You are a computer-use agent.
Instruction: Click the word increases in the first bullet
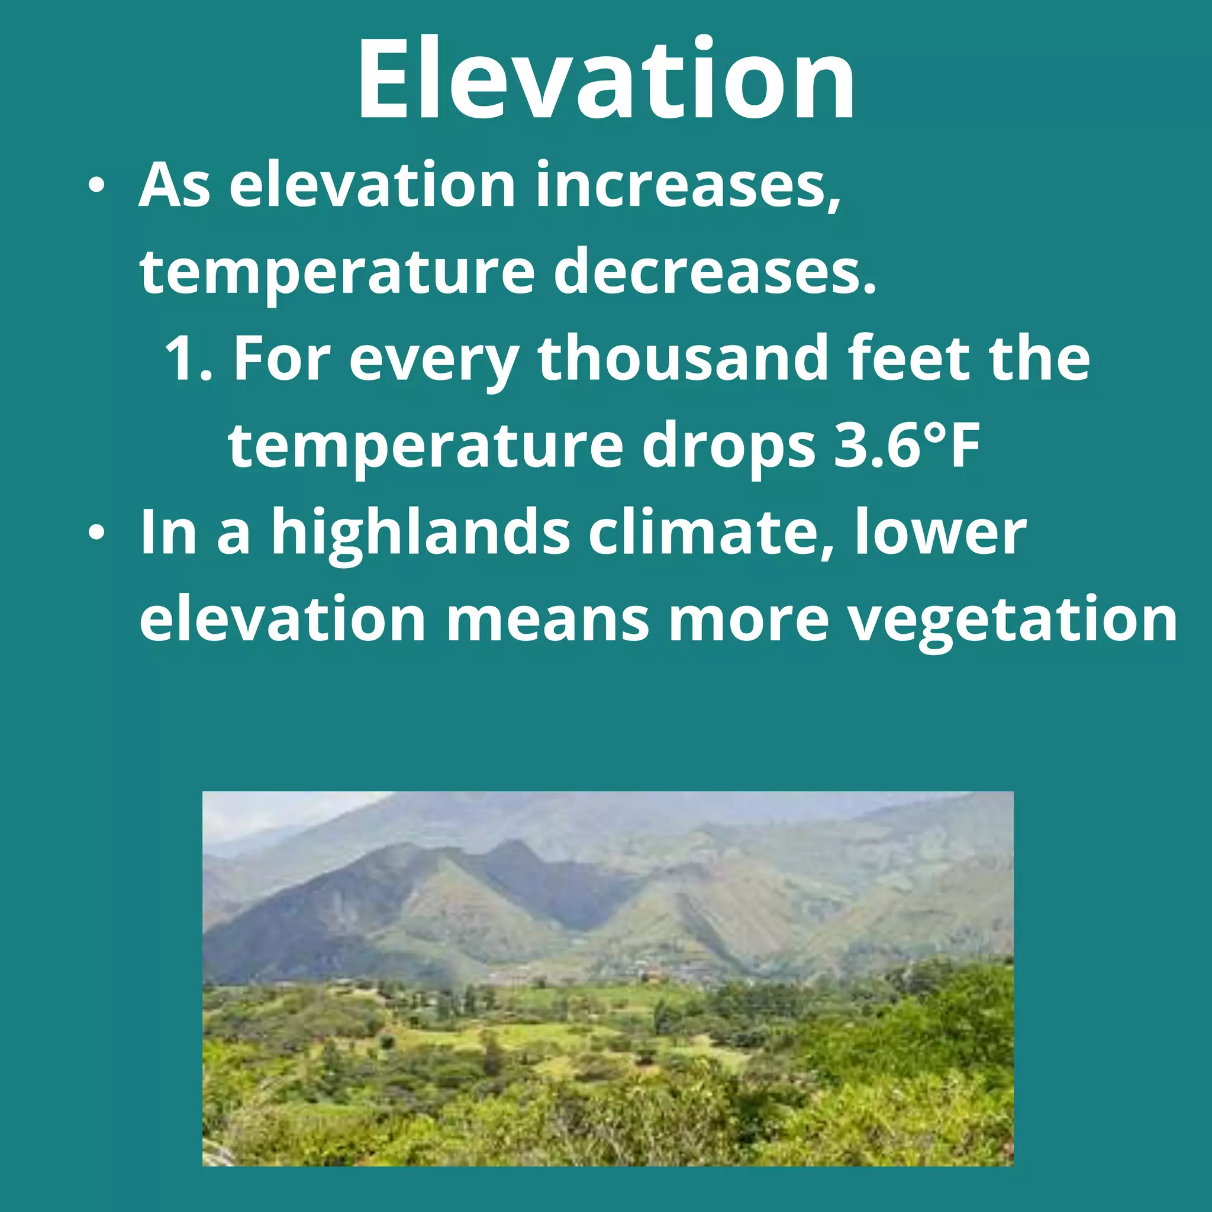[x=687, y=186]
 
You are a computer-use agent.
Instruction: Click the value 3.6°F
[x=907, y=447]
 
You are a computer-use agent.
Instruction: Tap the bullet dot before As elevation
[x=96, y=186]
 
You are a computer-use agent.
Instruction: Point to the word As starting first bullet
[x=175, y=186]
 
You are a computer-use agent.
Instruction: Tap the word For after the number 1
[x=282, y=359]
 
